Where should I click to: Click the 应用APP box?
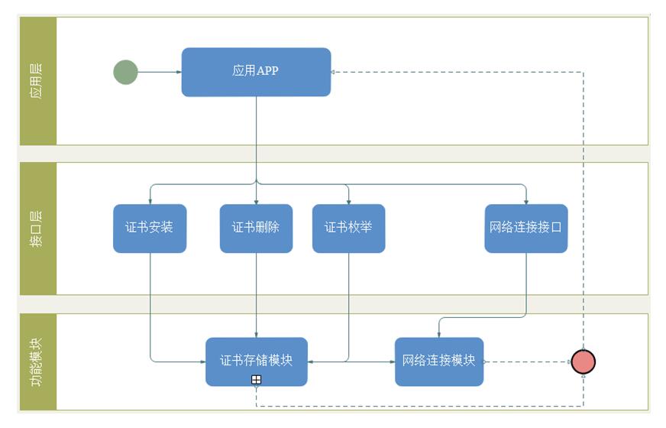pos(256,72)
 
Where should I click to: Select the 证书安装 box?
pos(150,228)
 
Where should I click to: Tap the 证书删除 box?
pos(256,228)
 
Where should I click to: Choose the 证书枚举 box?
pos(348,228)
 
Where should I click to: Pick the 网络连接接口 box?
pos(526,228)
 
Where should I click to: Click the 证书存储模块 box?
pos(256,361)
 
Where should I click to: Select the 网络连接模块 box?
pos(439,361)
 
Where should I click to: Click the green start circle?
pos(125,73)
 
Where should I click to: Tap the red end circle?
pos(583,362)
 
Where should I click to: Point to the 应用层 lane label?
pos(37,80)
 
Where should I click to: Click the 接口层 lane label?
pos(37,229)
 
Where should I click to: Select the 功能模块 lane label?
pos(37,362)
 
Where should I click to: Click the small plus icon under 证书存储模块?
pos(257,380)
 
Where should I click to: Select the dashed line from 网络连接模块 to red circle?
pos(527,362)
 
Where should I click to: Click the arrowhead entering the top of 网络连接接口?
pos(526,202)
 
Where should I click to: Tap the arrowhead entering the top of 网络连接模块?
pos(438,335)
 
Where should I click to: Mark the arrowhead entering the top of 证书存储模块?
pos(256,335)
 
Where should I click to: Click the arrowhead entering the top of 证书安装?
pos(150,202)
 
